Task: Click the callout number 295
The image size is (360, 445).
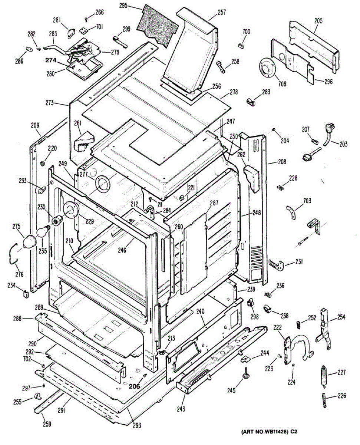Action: click(123, 6)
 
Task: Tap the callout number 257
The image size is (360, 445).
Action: click(222, 12)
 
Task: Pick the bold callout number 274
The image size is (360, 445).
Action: click(51, 60)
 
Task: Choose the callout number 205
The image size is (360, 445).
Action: click(318, 21)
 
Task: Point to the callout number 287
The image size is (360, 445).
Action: click(214, 202)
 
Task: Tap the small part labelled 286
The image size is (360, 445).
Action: click(29, 50)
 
